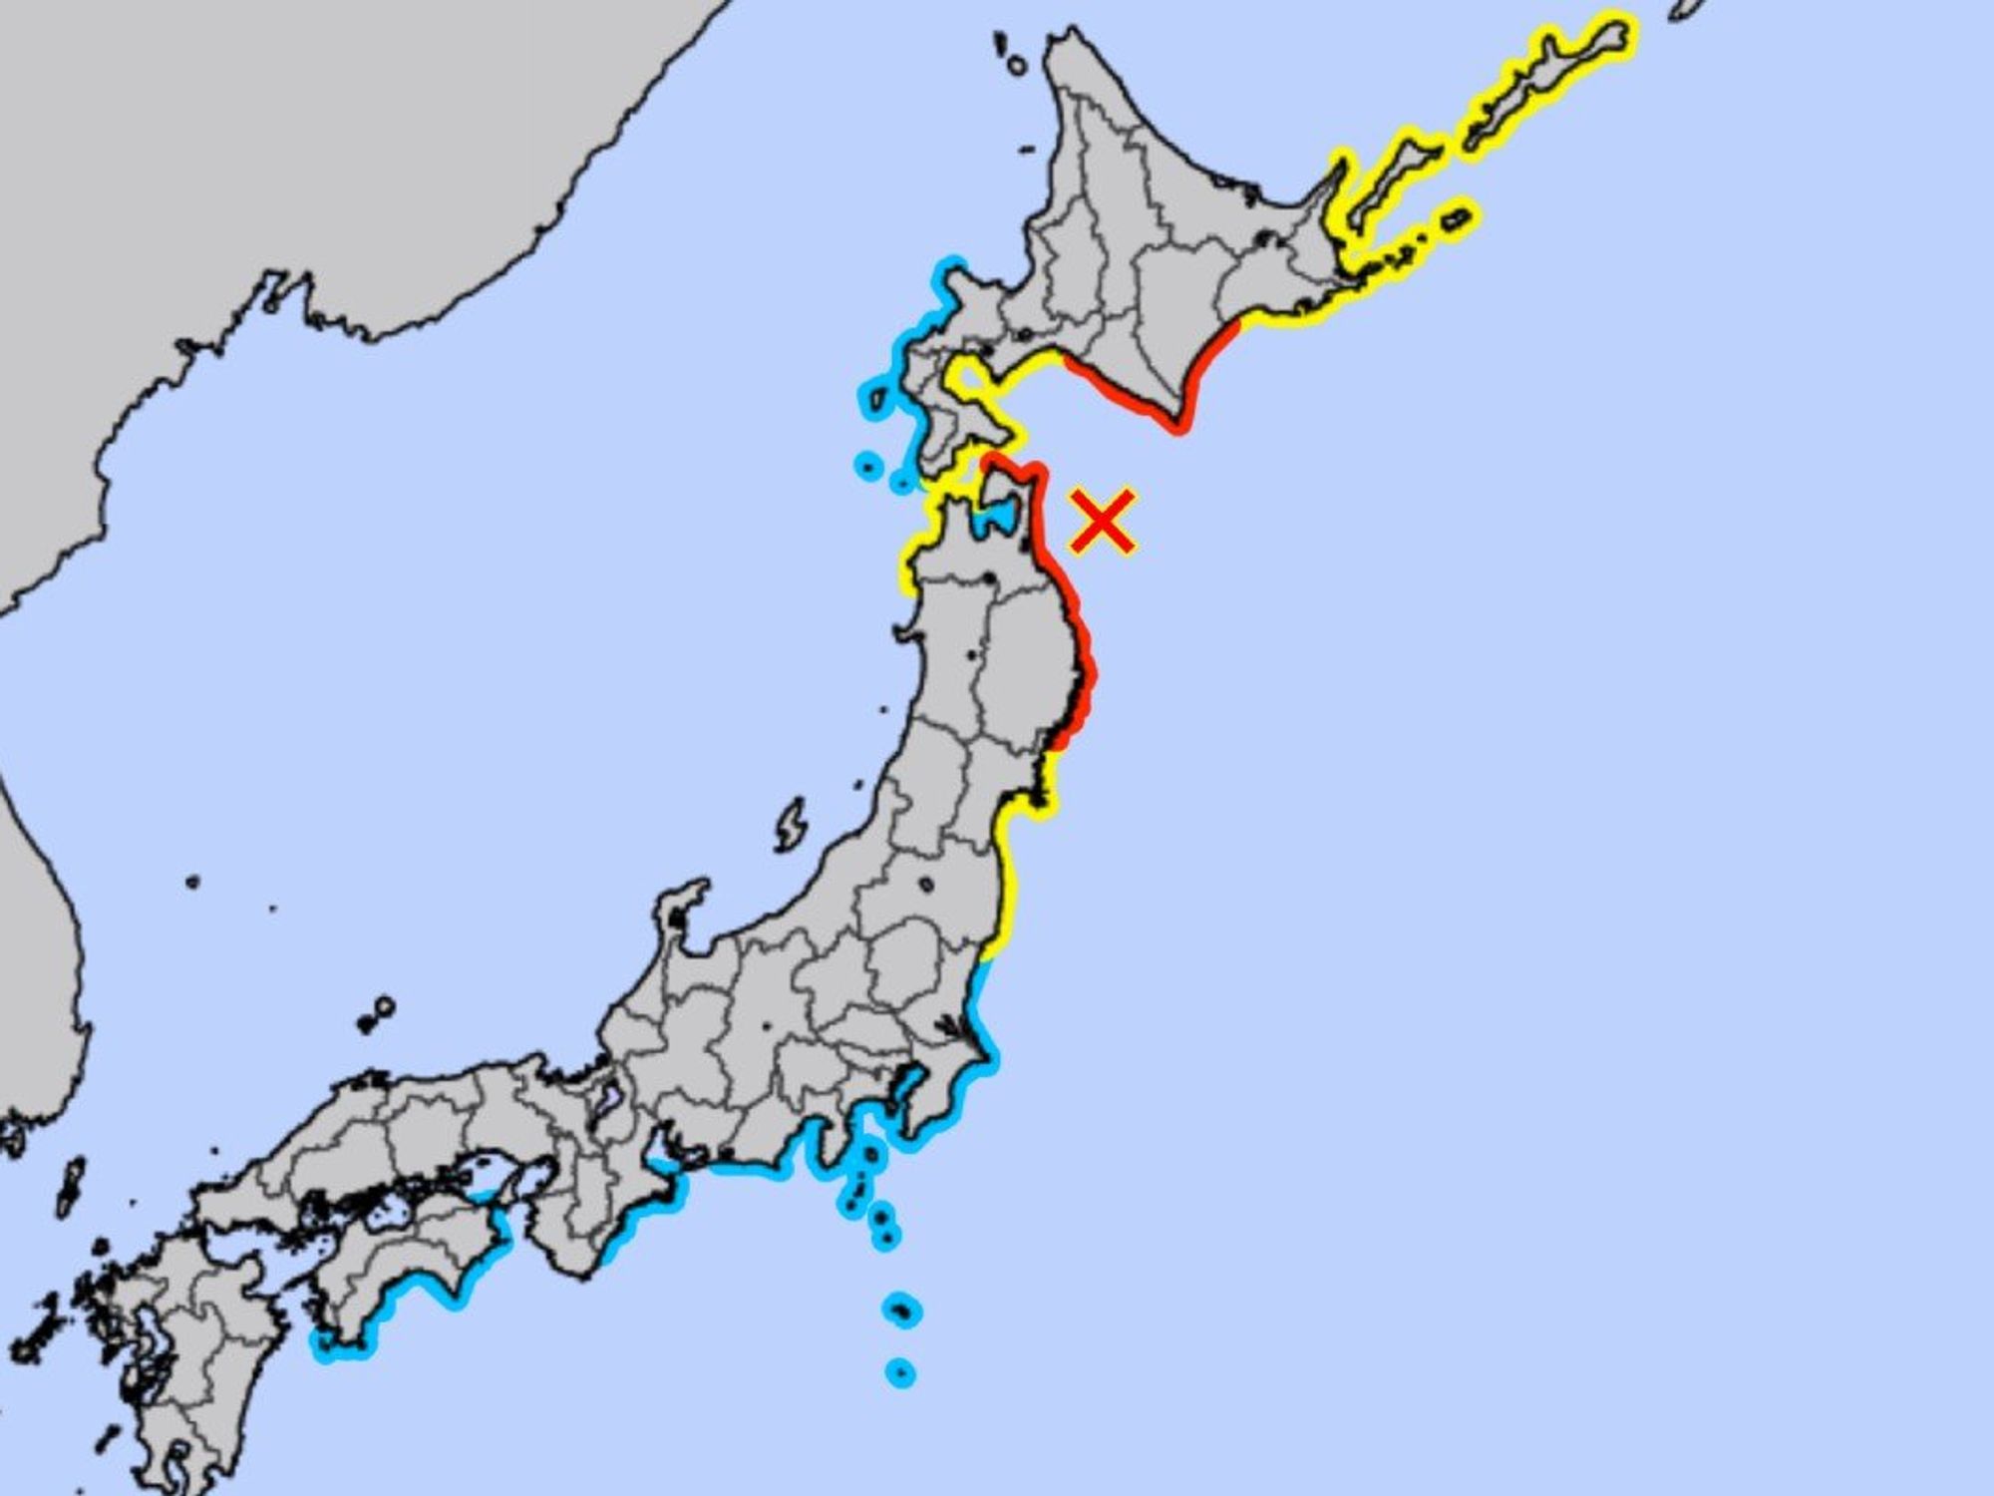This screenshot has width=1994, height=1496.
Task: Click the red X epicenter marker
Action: [1102, 520]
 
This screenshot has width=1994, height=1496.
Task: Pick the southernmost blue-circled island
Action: [900, 1373]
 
